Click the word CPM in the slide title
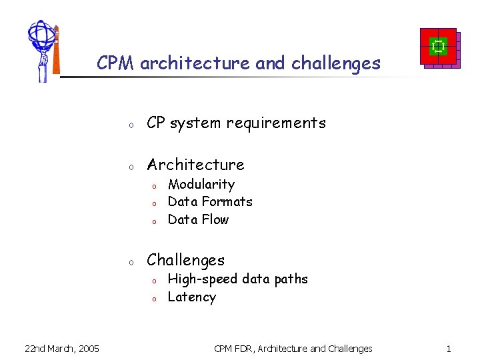116,63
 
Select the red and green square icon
438,47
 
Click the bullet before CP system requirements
132,125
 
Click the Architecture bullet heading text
195,165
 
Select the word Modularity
201,184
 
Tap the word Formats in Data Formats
227,201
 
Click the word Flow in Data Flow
215,219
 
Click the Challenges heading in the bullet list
185,260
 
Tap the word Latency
192,297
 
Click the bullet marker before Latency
153,299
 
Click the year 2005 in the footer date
87,348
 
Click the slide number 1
449,348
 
